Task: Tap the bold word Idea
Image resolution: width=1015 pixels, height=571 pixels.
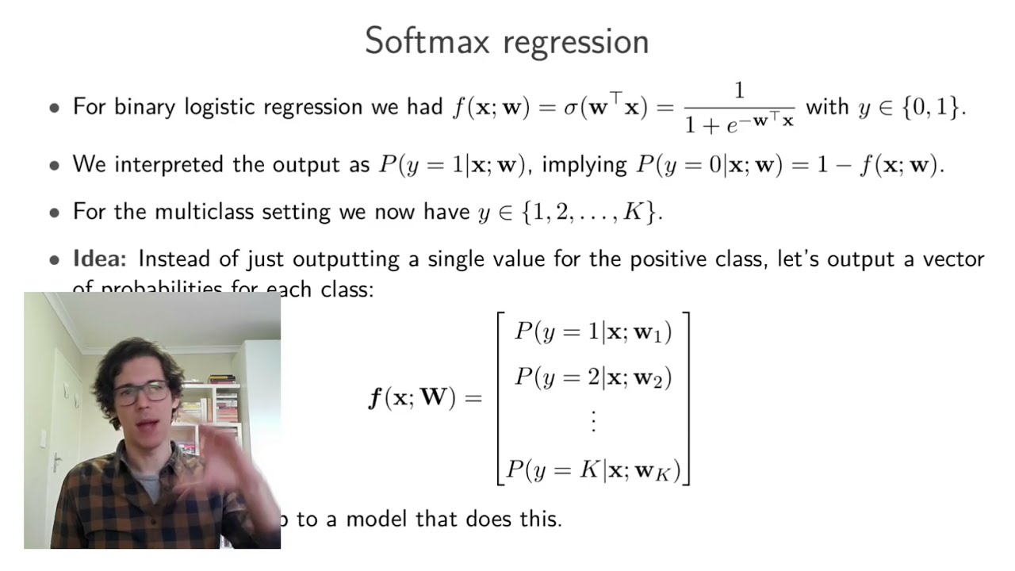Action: [x=101, y=259]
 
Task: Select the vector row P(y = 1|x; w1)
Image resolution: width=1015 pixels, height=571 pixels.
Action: [x=593, y=331]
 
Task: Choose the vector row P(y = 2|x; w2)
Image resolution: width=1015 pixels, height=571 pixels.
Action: [x=593, y=377]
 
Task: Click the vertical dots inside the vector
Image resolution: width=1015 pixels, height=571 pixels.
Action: [x=593, y=421]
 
